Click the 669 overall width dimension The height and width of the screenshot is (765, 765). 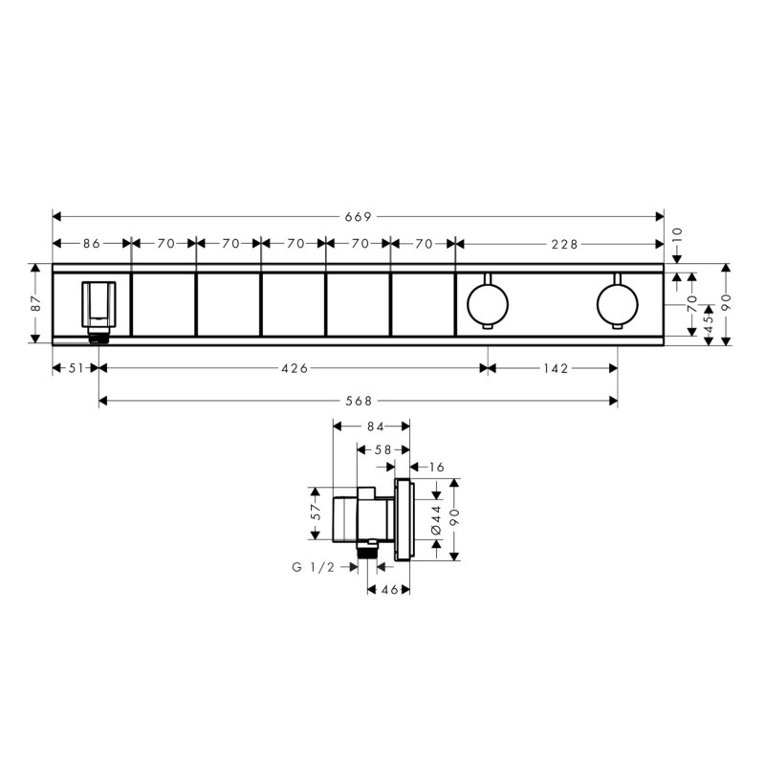point(357,217)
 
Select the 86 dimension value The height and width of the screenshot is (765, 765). point(91,244)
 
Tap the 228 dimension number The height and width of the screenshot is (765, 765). point(564,244)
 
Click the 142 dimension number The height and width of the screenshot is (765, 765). point(556,368)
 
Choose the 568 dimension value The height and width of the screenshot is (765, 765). point(358,401)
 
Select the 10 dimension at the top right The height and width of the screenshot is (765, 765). point(678,232)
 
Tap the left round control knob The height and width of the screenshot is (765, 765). point(487,303)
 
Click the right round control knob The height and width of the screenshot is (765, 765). point(617,303)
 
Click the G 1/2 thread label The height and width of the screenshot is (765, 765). point(313,567)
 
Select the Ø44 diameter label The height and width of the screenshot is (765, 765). point(435,517)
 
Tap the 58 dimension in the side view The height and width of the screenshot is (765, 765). point(382,448)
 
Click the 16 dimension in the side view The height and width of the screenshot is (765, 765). point(437,467)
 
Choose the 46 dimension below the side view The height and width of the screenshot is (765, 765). point(388,591)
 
